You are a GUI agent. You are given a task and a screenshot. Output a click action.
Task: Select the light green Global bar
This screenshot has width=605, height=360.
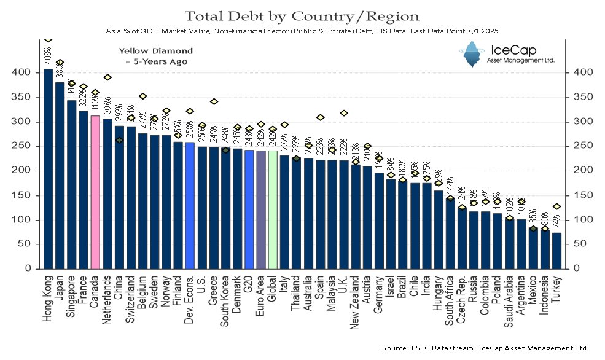(x=273, y=209)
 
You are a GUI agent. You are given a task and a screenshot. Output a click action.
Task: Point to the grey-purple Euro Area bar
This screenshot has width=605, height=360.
(x=261, y=209)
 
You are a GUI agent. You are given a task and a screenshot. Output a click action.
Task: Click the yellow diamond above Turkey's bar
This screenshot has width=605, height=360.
(x=556, y=206)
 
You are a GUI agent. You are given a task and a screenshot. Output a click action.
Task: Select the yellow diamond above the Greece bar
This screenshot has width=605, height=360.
(x=214, y=101)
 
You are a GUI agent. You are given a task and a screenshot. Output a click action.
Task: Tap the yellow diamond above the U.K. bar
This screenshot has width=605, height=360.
(x=344, y=113)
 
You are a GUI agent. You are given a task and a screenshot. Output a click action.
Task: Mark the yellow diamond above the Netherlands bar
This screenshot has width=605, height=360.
(x=107, y=77)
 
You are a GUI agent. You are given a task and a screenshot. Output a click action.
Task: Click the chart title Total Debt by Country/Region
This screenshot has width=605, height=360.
(x=303, y=16)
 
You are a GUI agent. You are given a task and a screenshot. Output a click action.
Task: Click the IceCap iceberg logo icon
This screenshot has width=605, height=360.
(x=472, y=54)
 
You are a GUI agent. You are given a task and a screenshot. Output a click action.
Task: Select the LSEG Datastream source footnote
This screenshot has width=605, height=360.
(x=485, y=348)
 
